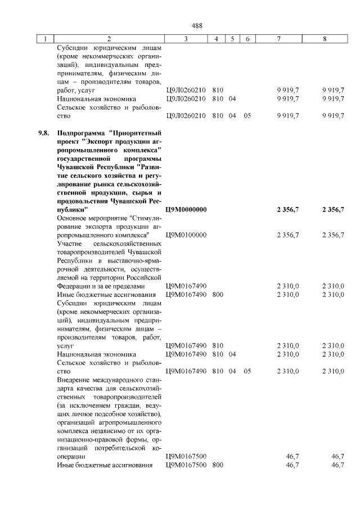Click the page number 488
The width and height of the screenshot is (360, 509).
point(197,25)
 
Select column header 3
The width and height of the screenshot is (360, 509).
point(186,39)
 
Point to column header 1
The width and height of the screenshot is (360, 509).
point(44,39)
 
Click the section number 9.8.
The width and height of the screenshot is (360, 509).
point(44,133)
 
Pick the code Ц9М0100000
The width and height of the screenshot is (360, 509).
point(187,235)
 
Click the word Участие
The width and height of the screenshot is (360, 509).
point(70,244)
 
